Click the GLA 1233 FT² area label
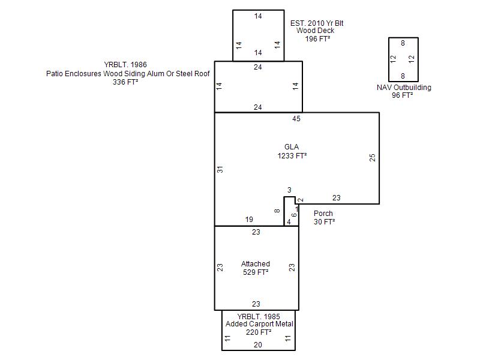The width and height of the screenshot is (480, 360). pos(292,151)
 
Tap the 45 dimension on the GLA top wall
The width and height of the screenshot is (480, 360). pos(296,119)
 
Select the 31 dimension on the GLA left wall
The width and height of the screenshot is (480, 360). pos(220,169)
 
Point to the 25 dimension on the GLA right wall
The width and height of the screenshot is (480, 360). pos(372,158)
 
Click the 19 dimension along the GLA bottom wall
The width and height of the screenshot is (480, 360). pos(249,220)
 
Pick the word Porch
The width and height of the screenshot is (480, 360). pos(323,214)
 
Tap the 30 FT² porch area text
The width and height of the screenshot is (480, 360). pos(324,221)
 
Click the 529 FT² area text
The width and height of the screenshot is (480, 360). pos(256,272)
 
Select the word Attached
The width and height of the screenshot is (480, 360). pos(256,264)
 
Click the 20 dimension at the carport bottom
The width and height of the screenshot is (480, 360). pos(258,345)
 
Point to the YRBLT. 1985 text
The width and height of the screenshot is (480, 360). pos(259,317)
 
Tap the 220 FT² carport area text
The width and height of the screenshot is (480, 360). pos(259,332)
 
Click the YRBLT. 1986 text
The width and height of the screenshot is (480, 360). pos(125,65)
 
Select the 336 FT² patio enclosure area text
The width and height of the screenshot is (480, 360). pos(125,82)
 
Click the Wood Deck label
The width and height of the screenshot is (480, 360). pos(316,31)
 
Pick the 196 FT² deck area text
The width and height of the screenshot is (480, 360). pos(317,39)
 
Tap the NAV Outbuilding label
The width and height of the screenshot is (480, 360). pos(404,87)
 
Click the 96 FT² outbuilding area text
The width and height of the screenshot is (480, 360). pos(402,95)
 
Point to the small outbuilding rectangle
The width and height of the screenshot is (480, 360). pos(388,59)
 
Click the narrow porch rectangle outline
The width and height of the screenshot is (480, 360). pos(284,211)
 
